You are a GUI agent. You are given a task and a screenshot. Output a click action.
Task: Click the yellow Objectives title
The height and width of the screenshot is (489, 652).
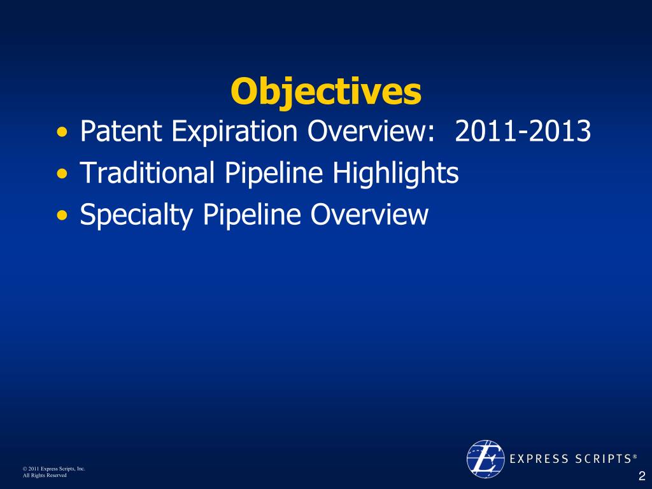click(326, 92)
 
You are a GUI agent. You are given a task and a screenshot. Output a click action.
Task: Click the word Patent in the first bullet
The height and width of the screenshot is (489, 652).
click(120, 131)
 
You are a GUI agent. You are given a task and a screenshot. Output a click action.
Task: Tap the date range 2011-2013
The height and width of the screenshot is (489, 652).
click(523, 131)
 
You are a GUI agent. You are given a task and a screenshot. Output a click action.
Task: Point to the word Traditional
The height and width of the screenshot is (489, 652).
click(147, 172)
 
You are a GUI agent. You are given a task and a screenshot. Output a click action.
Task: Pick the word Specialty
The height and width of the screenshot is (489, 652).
click(136, 215)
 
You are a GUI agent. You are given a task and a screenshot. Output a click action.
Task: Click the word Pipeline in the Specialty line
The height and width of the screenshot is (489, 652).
click(252, 215)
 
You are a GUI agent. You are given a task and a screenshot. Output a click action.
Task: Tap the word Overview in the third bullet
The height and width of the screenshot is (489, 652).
click(369, 215)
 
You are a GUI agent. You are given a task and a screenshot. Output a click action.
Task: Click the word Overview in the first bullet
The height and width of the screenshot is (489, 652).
click(371, 131)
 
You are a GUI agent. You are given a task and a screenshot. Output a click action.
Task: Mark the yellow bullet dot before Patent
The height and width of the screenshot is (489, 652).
click(62, 132)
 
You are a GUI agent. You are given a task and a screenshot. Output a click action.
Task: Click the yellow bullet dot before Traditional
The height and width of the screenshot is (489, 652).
click(62, 174)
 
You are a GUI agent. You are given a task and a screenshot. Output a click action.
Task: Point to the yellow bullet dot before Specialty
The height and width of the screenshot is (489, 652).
click(62, 215)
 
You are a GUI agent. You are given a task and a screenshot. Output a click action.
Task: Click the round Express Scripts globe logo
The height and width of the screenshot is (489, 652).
click(485, 458)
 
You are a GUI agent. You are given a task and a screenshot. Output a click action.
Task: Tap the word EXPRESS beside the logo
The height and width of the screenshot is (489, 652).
click(539, 458)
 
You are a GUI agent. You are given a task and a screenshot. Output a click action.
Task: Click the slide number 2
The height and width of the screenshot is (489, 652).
click(642, 476)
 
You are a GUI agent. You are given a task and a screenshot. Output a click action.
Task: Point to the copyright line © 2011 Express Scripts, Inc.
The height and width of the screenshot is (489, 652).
click(54, 469)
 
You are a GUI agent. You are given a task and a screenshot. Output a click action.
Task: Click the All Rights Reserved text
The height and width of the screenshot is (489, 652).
click(45, 475)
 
